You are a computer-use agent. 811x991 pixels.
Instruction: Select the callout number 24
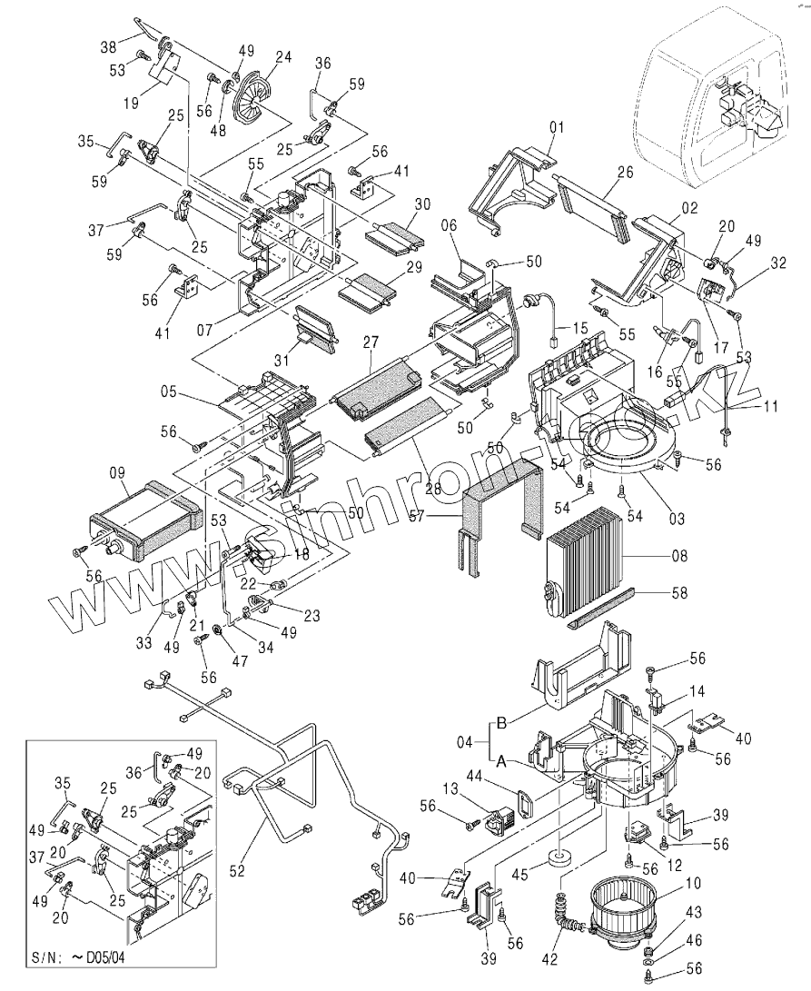[283, 56]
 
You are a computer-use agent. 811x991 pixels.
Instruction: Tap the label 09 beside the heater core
[116, 472]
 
